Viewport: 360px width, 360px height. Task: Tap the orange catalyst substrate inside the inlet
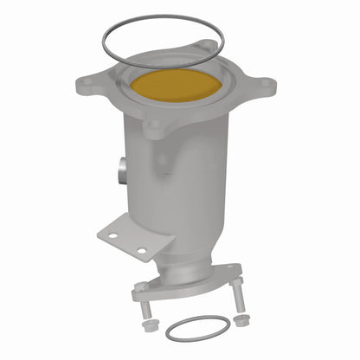click(x=178, y=86)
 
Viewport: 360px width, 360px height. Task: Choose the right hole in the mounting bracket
click(x=140, y=252)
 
